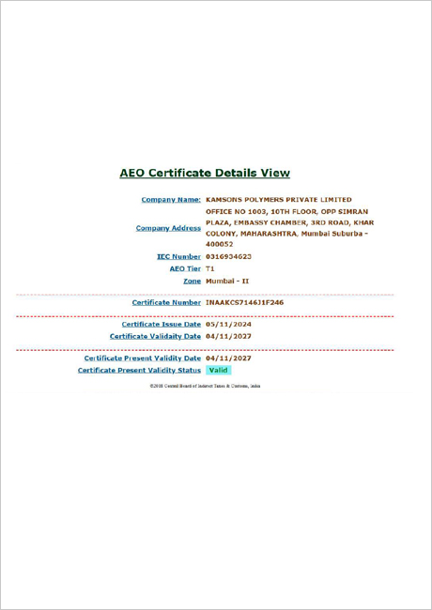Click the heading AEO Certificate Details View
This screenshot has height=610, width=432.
click(x=205, y=173)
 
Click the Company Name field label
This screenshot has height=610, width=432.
click(x=171, y=200)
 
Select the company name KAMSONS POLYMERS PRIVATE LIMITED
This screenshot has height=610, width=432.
click(x=279, y=200)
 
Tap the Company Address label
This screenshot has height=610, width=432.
click(x=168, y=228)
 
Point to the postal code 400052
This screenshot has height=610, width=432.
click(x=220, y=244)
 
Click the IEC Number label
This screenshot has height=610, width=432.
click(x=178, y=256)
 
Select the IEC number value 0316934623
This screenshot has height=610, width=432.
click(x=228, y=256)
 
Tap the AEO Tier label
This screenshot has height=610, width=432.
click(x=184, y=268)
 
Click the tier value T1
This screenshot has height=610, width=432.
click(x=210, y=268)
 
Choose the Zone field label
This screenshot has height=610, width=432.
click(x=192, y=281)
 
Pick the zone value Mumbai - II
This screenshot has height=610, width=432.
click(x=227, y=281)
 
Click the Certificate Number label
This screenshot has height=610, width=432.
click(x=166, y=303)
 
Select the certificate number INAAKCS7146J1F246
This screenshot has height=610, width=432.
click(x=244, y=303)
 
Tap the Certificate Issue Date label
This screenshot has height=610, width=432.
click(x=162, y=324)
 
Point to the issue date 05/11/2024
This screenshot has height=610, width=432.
click(x=228, y=324)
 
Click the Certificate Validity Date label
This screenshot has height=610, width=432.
click(x=155, y=336)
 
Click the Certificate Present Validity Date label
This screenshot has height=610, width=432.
click(x=143, y=358)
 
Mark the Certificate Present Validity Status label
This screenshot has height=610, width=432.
click(x=139, y=370)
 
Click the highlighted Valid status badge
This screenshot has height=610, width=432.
click(x=218, y=370)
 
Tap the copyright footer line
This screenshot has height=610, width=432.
click(x=205, y=386)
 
